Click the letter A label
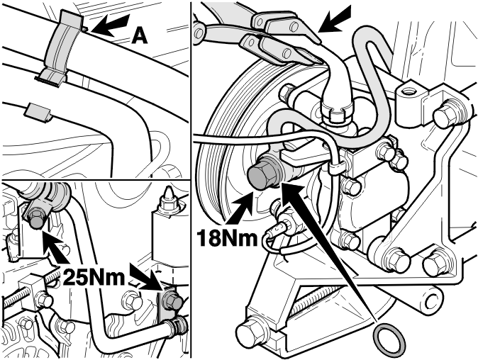tap(140, 37)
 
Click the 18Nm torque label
tap(227, 237)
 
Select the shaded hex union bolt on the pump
tap(263, 174)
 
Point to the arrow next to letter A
tap(110, 25)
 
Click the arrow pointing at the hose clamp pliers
tap(335, 19)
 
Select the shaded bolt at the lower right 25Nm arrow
tap(173, 301)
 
